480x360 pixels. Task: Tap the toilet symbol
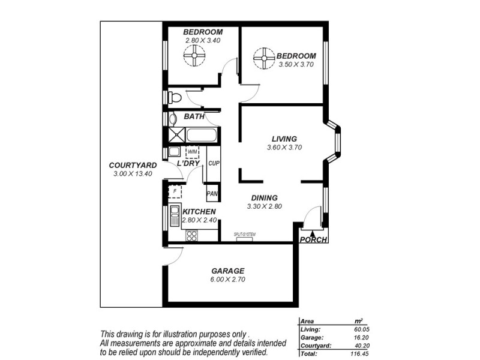[x=173, y=97]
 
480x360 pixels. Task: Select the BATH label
[x=194, y=116]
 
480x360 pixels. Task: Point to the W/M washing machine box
[x=192, y=152]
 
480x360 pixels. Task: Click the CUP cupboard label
[x=213, y=163]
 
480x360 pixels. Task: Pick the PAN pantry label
[x=212, y=193]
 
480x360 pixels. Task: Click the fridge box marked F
[x=175, y=192]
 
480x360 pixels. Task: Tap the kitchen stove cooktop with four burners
[x=192, y=236]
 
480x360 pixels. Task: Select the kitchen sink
[x=174, y=215]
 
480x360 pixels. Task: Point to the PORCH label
[x=314, y=240]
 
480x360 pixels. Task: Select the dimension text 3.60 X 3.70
[x=284, y=147]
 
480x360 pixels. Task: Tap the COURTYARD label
[x=133, y=165]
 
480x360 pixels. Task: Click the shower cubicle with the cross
[x=176, y=135]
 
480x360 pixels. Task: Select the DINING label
[x=264, y=198]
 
